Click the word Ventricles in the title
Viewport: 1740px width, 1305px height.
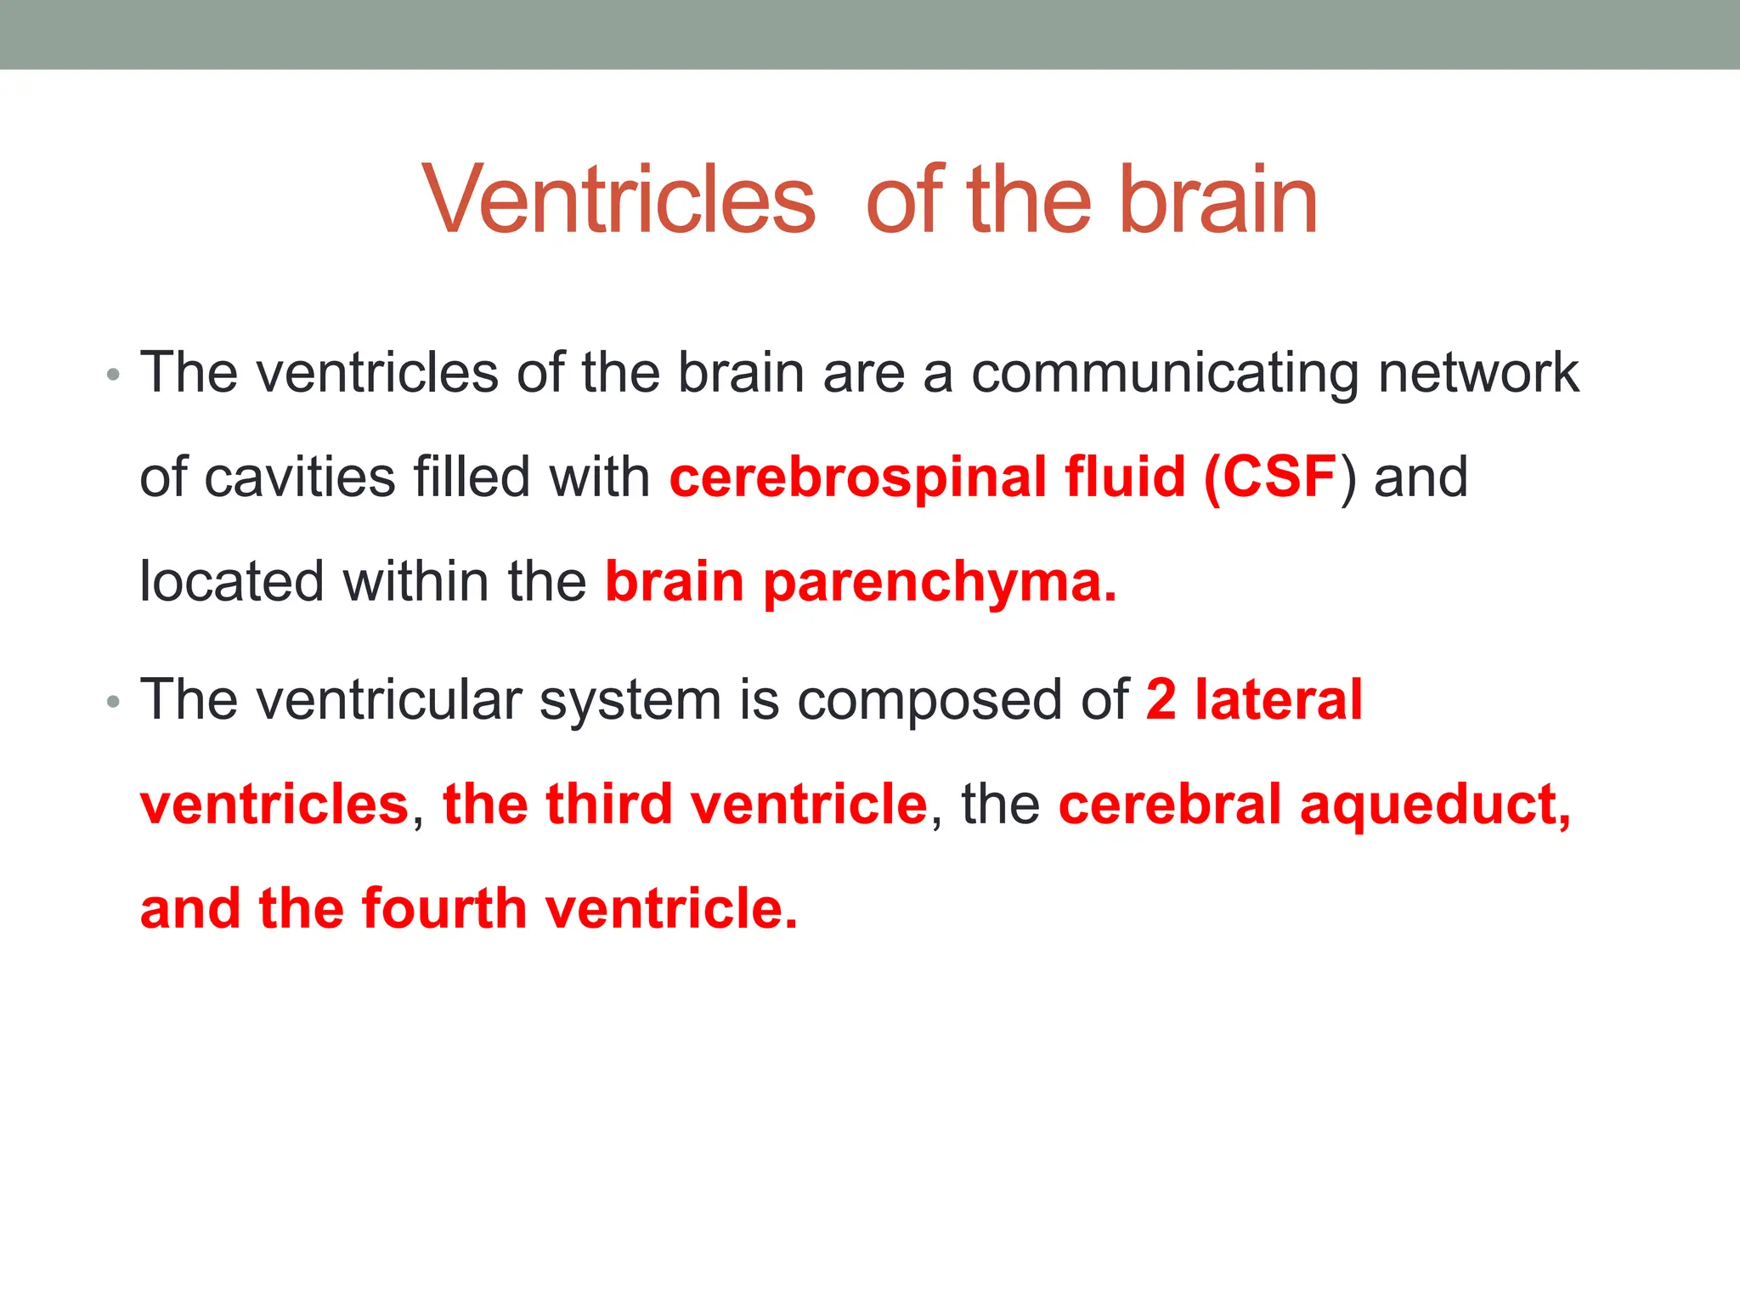click(619, 201)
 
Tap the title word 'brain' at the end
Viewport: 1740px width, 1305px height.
click(1218, 201)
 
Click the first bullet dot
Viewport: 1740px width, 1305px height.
click(114, 375)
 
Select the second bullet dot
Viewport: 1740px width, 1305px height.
click(114, 702)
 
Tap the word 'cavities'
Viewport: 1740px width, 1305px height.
click(299, 477)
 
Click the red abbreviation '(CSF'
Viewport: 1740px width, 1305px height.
click(1271, 477)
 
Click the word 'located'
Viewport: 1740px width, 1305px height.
click(232, 582)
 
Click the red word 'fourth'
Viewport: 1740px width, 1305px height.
click(444, 908)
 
